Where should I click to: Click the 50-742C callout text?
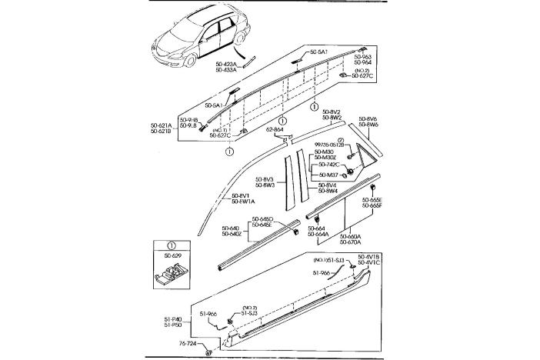coord(328,165)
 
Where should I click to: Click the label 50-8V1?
coord(243,195)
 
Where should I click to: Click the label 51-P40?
coord(173,319)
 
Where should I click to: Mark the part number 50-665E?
coord(372,200)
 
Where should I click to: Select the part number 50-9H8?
coord(189,121)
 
